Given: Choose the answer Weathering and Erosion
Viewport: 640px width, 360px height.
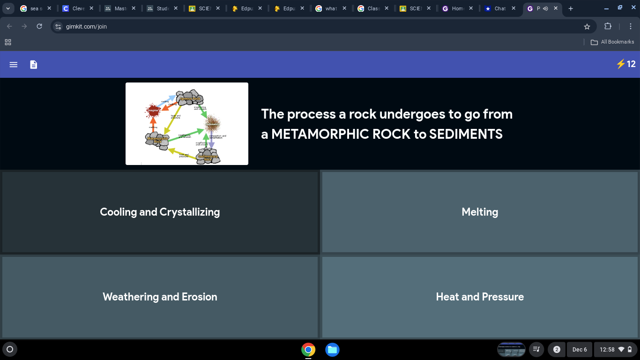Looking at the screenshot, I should pos(160,297).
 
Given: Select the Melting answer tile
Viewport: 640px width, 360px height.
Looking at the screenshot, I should pos(480,212).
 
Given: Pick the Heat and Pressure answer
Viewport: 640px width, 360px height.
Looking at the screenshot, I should pos(480,297).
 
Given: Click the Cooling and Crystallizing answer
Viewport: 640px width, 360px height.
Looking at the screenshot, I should pos(160,212).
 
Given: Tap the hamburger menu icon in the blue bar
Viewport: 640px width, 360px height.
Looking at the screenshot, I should pos(14,65).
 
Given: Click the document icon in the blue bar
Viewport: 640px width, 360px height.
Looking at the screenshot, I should pos(34,65).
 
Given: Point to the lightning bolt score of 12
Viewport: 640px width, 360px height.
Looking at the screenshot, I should pos(626,64).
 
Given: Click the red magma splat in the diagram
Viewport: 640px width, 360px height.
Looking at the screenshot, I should pos(153,111).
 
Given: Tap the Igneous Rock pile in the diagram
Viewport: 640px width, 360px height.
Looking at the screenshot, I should pos(190,97).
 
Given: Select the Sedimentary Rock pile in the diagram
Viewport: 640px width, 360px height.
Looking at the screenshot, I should pos(208,157).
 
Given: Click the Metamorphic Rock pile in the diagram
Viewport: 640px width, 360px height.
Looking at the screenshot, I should pos(157,140).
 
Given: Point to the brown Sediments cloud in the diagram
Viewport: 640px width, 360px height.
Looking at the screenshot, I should pos(213,124).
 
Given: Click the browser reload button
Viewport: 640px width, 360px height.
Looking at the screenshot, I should pos(39,26).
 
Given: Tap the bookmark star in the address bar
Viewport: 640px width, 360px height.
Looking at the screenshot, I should pos(587,27).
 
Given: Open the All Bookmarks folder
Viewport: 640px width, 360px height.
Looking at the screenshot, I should pos(612,42).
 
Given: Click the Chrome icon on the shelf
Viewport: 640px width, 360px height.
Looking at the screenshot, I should pos(308,350).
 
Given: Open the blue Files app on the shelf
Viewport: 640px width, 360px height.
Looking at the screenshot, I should pos(332,350).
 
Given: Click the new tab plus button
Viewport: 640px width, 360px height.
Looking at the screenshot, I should pos(571,8).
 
